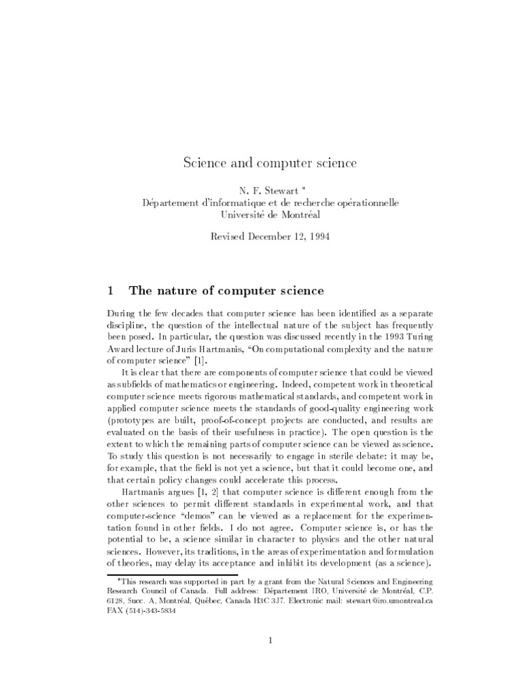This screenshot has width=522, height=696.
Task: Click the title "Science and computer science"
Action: (260, 164)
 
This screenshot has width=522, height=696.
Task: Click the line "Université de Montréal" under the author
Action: (260, 215)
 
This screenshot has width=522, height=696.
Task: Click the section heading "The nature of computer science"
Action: (226, 291)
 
